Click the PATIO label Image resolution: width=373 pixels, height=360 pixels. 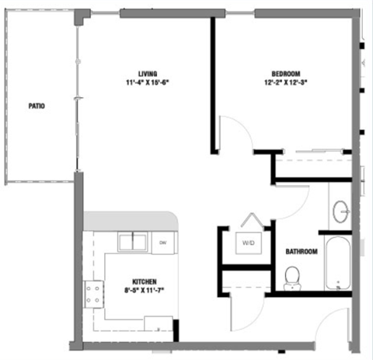pyautogui.click(x=36, y=106)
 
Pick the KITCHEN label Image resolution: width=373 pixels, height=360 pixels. pyautogui.click(x=145, y=281)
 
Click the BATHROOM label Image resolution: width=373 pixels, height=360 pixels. pyautogui.click(x=301, y=252)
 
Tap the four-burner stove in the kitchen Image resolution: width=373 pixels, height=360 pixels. pyautogui.click(x=94, y=294)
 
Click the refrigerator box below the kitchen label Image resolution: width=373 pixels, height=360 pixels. pyautogui.click(x=159, y=324)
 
